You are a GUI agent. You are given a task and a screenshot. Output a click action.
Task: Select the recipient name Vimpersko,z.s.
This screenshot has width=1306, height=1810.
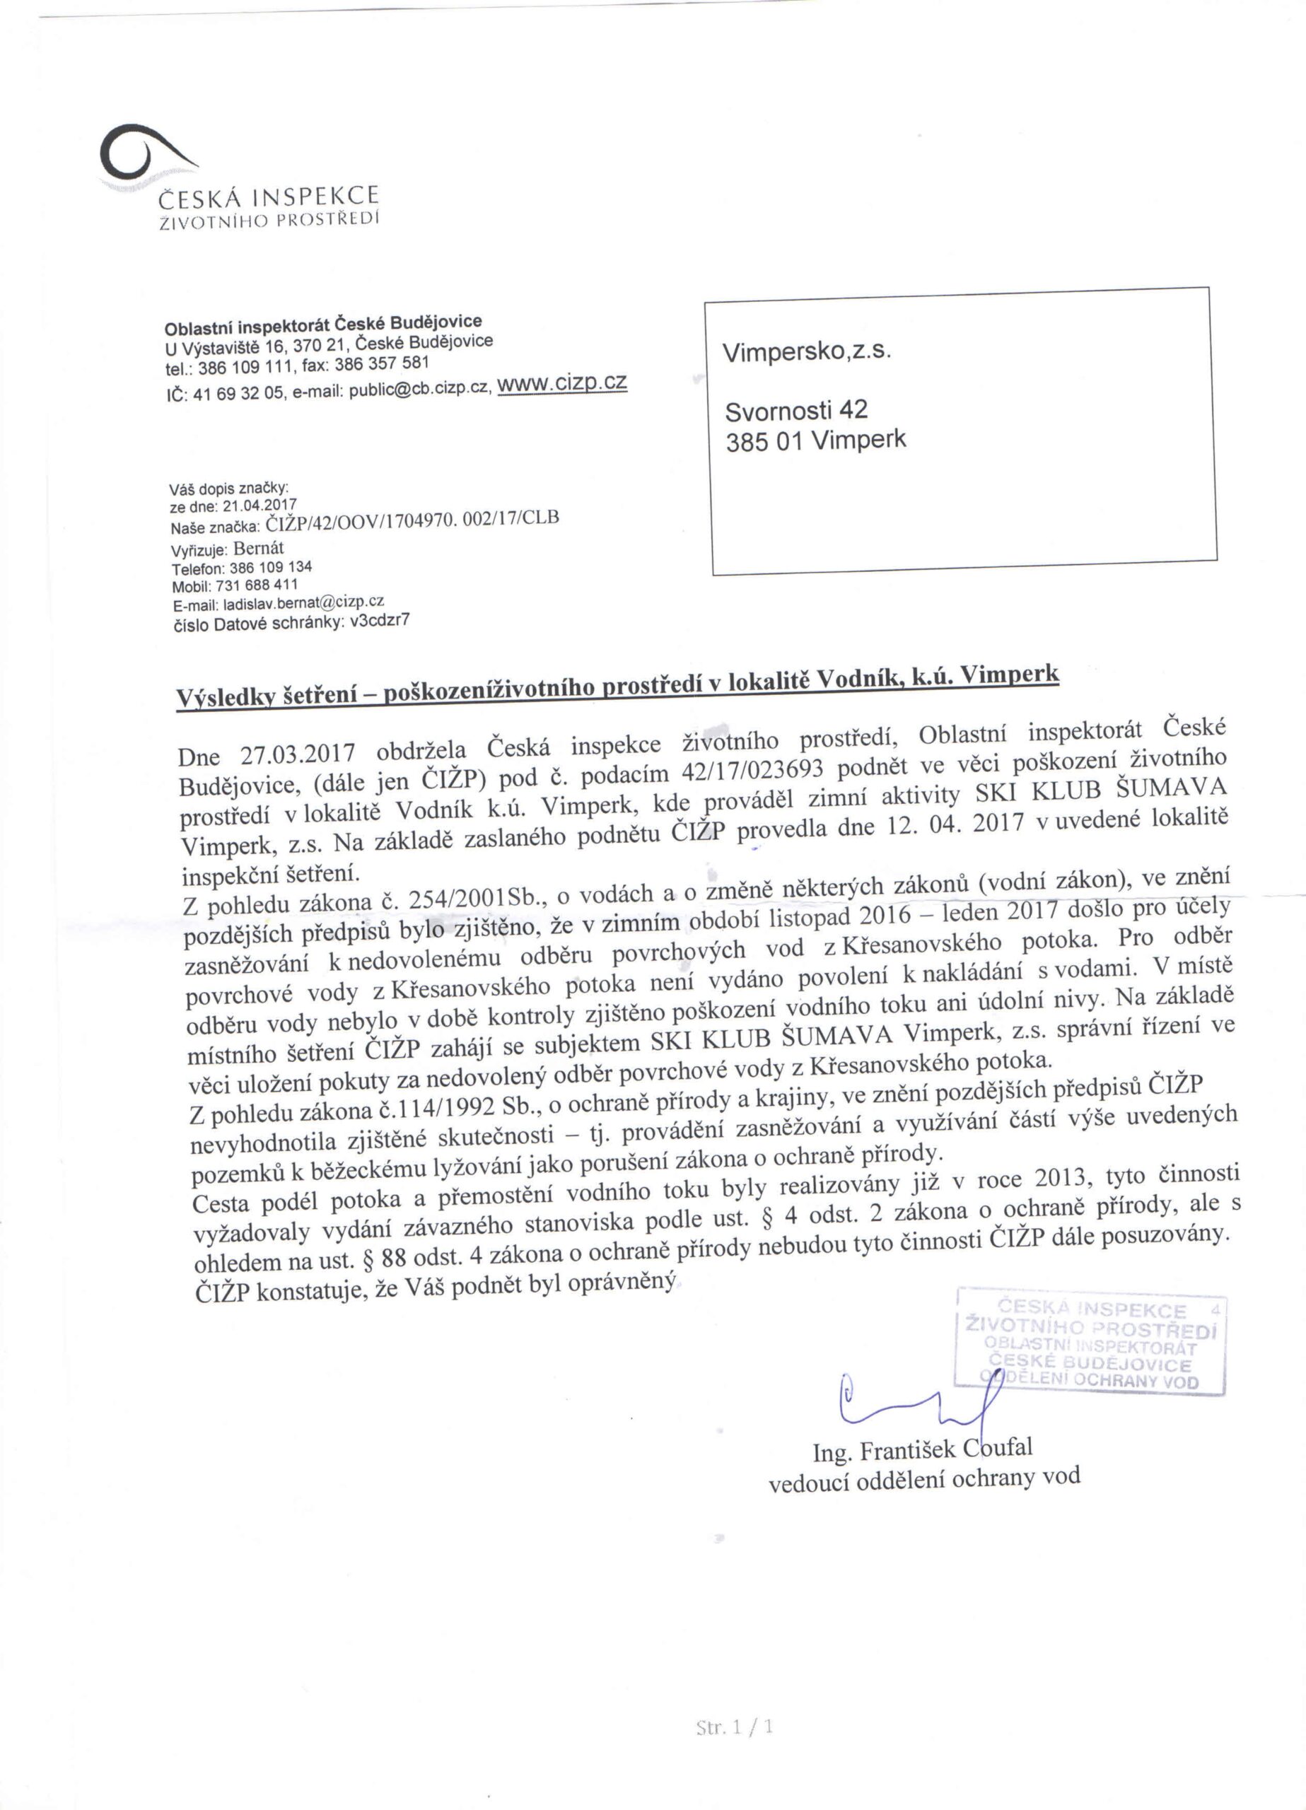(806, 352)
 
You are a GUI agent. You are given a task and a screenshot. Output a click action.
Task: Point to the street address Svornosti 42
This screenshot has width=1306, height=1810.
(796, 410)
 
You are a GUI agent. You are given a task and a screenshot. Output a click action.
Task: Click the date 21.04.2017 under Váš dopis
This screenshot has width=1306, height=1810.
(260, 505)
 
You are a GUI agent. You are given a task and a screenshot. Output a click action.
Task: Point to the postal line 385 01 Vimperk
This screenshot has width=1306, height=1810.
(816, 441)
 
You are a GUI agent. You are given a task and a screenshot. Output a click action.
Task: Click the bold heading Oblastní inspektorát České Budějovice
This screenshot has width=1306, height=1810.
(322, 325)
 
